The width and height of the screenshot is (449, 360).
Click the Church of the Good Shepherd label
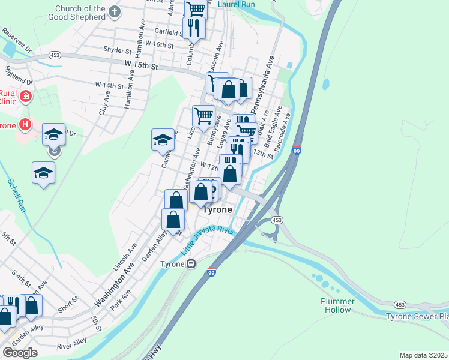pos(79,13)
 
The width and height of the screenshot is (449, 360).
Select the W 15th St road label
pos(141,64)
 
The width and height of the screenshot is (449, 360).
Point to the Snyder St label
pos(117,50)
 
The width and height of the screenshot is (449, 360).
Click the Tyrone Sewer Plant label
pos(417,316)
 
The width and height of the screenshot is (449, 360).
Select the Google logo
pos(20,352)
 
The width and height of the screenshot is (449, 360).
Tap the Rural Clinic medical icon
pos(26,96)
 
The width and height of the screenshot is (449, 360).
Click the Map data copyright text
pos(423,355)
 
